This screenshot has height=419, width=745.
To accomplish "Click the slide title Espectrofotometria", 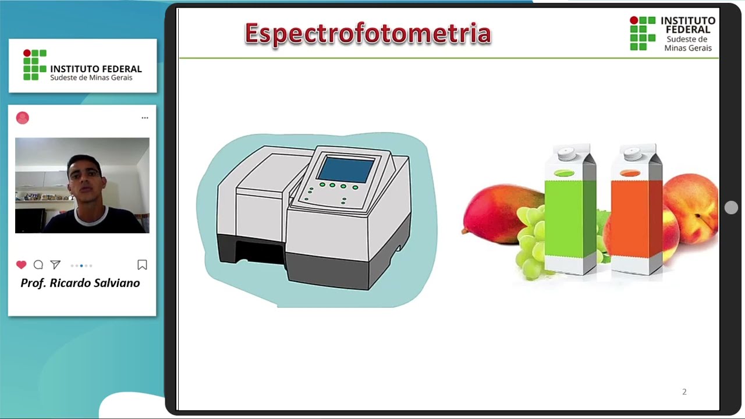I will tap(368, 34).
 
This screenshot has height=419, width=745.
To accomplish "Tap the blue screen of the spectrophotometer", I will tap(346, 169).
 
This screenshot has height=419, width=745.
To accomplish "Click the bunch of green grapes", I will tap(532, 242).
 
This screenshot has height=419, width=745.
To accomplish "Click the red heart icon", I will tap(22, 265).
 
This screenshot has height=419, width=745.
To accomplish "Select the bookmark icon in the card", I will tap(142, 265).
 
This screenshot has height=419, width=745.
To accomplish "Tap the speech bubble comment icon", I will tap(38, 265).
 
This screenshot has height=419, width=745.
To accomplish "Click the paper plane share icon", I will tap(55, 265).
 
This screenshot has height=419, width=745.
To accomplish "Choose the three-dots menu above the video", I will tap(145, 118).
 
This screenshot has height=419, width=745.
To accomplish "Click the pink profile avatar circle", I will tap(23, 118).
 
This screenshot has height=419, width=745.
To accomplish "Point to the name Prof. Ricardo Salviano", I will tap(80, 283).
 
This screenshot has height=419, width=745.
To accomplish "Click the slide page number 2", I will tap(684, 392).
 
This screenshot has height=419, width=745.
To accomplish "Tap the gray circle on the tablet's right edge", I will tap(732, 208).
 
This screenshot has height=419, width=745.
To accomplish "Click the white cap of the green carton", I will tap(566, 154).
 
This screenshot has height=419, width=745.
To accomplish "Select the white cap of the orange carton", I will tap(632, 154).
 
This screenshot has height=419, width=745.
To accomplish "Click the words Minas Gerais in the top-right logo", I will tap(688, 48).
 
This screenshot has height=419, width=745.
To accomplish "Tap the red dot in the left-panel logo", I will tap(27, 53).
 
